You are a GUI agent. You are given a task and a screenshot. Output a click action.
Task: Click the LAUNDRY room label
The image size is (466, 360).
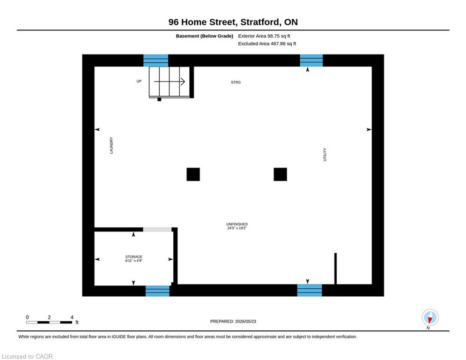coord(111,145)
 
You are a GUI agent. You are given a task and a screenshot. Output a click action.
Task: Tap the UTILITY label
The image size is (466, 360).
coord(325,154)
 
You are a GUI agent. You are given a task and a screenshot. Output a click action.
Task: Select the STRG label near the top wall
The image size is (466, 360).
coord(236,82)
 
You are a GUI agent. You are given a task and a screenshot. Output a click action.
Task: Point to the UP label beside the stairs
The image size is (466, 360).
coord(139,81)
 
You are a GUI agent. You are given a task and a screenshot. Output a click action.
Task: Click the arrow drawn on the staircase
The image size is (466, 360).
coord(170,81)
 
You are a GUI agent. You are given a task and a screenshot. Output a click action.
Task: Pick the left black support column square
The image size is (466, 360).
coord(193,174)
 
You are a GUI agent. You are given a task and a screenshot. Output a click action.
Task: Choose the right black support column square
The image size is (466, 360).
coord(280,174)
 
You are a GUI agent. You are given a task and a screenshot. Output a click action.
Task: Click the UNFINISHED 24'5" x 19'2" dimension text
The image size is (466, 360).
coord(237,226)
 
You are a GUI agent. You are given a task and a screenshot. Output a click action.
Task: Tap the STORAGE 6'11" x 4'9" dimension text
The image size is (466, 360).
coord(134,259)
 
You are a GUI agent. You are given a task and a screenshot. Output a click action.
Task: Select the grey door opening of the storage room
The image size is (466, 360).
coord(157,229)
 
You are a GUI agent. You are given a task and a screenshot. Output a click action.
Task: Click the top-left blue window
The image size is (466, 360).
coord(156,60)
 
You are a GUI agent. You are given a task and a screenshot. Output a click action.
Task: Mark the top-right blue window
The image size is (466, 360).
coord(311,60)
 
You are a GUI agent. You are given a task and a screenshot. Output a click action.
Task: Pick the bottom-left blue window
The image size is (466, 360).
coord(157,290)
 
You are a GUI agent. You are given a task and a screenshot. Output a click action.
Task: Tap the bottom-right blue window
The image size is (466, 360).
coord(310,290)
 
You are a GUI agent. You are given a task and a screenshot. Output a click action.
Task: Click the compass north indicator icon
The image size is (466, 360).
coord(430,318)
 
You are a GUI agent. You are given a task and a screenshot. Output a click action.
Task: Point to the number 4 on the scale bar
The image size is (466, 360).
coord(72,317)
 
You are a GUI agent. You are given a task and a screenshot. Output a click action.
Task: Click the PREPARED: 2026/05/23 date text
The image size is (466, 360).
coord(233,321)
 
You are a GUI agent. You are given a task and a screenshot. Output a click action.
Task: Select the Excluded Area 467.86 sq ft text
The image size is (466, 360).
coord(267,44)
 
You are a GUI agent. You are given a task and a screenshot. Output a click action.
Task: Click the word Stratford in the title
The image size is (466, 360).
coord(260,22)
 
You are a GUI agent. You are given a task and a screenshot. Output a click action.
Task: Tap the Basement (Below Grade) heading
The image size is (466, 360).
coord(205,36)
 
